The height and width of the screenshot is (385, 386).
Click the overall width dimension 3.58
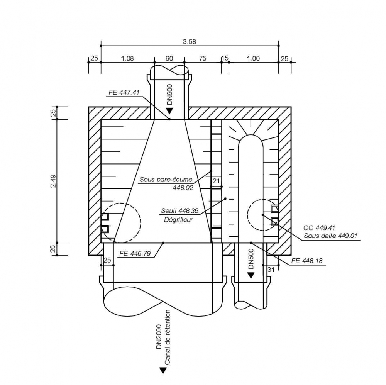tap(190, 42)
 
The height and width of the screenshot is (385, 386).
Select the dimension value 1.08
tap(127, 59)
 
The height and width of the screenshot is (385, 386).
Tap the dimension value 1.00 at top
tap(253, 59)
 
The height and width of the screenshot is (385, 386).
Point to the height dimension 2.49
tap(54, 181)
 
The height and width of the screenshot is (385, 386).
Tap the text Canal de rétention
tap(167, 337)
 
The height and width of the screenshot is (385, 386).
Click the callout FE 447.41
tap(124, 93)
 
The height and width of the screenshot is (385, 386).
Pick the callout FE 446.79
tap(135, 254)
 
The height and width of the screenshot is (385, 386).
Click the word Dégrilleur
tap(176, 219)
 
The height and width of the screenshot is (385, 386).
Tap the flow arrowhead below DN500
tap(251, 275)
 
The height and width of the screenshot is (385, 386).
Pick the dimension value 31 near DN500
tap(271, 270)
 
